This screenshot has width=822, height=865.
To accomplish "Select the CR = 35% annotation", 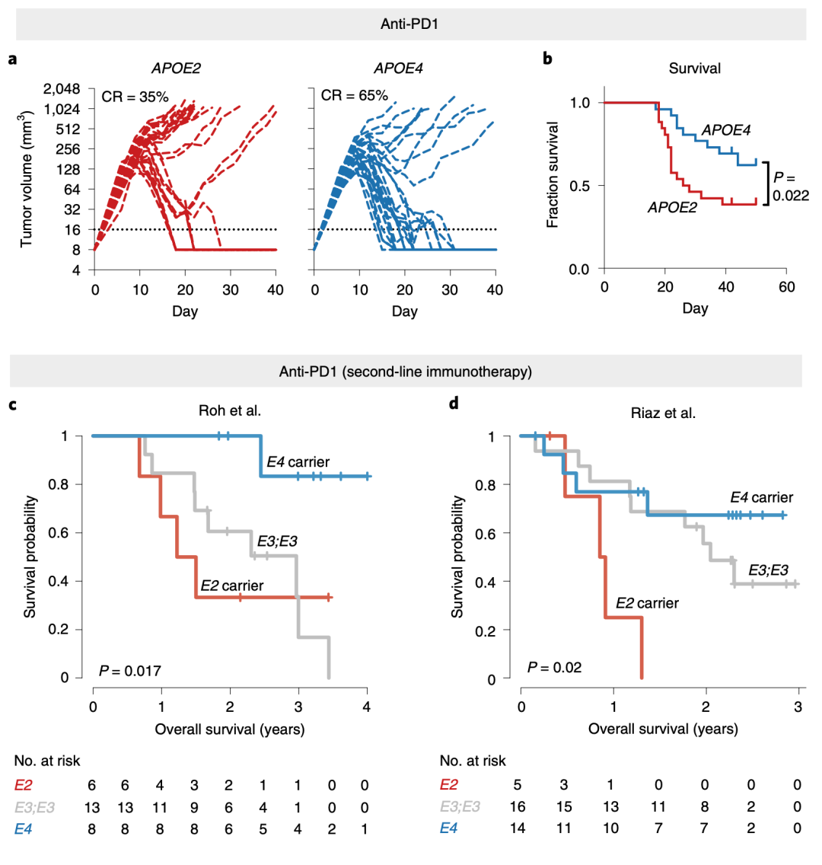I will point(134,96).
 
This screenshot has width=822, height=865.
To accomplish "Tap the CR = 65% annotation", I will point(354,96).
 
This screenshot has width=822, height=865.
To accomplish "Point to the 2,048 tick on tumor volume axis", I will point(66,88).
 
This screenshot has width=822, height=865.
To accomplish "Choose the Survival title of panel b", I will point(695,69).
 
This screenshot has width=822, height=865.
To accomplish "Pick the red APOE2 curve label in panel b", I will point(672,207).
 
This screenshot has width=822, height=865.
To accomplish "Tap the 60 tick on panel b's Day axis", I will point(786,287).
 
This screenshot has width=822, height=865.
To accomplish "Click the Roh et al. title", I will point(229,413).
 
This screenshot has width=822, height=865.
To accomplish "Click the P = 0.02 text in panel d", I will point(555,669).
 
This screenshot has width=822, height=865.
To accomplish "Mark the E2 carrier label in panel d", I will point(646,603).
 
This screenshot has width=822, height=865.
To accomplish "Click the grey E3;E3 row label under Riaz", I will point(460,806).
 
